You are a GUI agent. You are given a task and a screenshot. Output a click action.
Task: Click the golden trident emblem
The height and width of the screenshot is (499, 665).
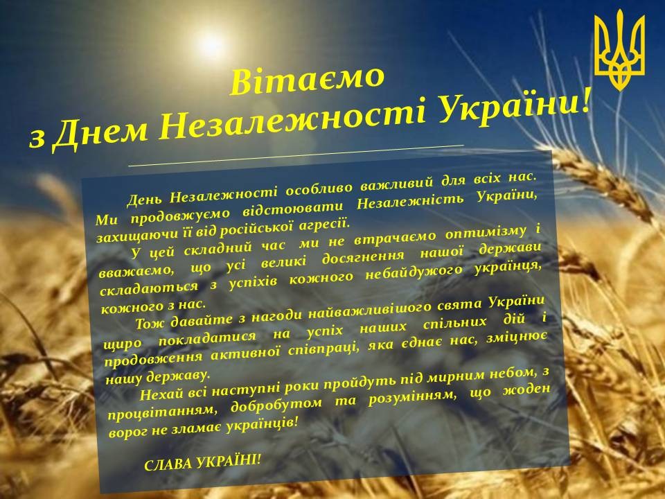[619, 50]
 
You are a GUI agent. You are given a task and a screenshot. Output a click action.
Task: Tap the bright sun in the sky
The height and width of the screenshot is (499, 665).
[211, 45]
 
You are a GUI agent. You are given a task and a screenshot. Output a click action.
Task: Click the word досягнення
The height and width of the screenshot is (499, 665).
[363, 256]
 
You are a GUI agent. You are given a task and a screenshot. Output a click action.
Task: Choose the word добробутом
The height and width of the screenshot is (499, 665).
[276, 405]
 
